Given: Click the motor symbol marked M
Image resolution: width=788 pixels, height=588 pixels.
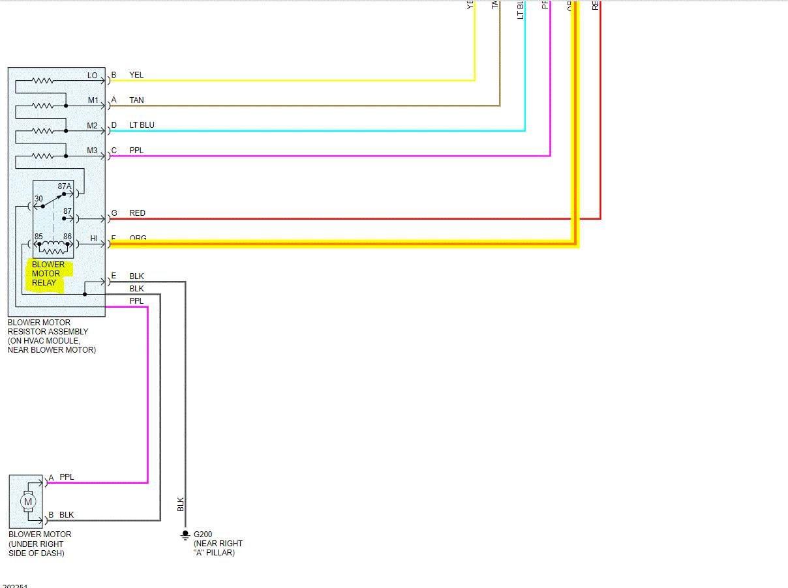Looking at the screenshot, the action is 27,501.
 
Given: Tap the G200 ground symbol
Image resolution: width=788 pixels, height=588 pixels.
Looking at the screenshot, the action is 185,536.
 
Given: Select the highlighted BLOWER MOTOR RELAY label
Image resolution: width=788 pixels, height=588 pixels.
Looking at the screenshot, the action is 48,274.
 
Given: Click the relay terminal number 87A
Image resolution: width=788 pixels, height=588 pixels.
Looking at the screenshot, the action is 65,186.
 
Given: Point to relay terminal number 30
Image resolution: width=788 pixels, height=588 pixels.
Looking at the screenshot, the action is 38,199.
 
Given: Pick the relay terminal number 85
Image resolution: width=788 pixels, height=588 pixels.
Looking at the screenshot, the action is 39,236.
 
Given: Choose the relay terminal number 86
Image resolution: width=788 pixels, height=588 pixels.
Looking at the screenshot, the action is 67,236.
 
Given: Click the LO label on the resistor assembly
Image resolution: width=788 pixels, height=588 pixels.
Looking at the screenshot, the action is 93,76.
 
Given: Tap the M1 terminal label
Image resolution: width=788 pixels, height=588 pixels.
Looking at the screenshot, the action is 93,100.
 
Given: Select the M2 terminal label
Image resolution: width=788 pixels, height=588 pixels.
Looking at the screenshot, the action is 93,125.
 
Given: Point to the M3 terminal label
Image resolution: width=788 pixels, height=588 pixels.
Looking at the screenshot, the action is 93,151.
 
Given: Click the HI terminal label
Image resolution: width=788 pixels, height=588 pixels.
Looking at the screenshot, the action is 94,239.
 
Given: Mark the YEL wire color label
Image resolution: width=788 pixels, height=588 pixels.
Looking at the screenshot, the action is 136,75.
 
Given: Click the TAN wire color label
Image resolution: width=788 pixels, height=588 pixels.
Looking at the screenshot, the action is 136,100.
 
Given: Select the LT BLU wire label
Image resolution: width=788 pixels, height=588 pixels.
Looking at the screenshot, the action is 142,125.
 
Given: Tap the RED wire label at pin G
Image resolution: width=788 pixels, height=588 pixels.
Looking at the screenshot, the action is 137,213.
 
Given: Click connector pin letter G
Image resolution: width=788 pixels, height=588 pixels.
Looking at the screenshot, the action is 114,213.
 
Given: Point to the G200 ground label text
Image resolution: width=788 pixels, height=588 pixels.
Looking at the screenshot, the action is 203,535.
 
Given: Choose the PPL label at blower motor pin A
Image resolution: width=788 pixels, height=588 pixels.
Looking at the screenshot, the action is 67,477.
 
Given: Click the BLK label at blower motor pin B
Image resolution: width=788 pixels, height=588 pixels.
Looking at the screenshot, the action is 67,515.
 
